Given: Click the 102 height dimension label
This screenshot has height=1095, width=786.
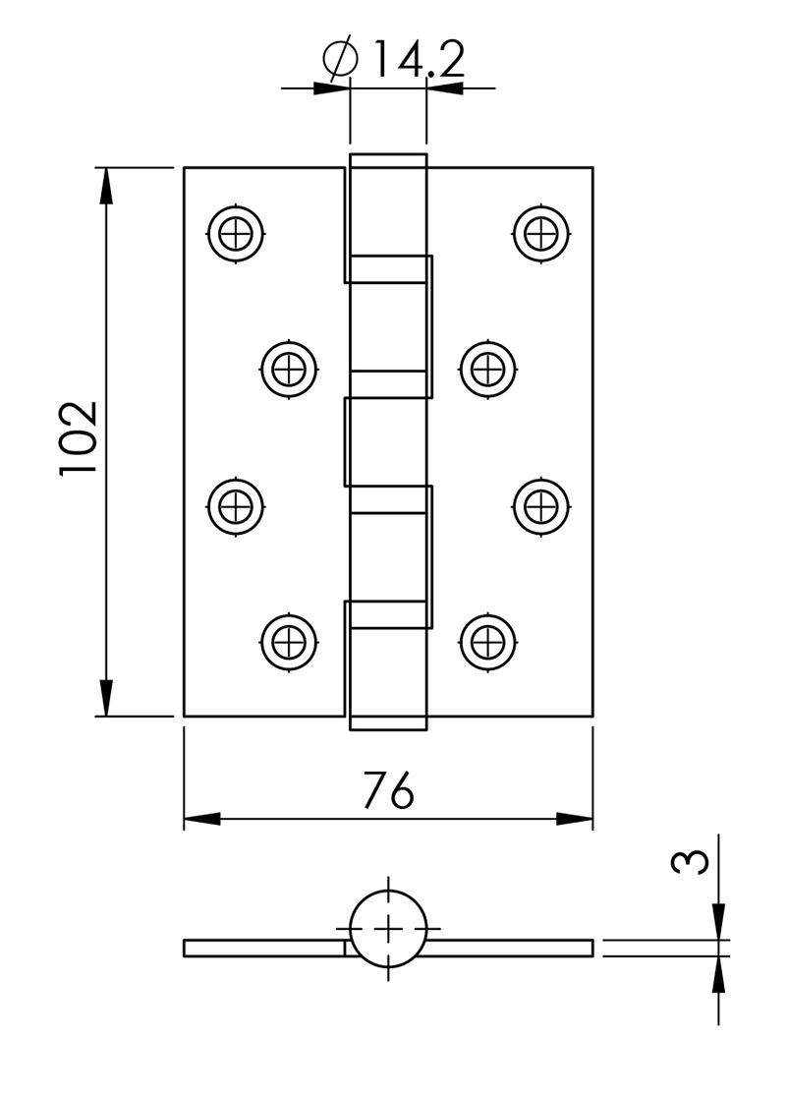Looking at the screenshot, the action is click(79, 438).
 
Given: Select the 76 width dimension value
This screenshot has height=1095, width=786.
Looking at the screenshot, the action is click(389, 790).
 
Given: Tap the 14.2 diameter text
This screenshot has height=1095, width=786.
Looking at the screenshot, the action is click(420, 59).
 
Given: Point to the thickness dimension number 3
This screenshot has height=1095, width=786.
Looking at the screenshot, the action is click(690, 862).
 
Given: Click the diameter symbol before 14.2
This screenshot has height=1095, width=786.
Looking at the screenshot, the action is click(341, 59).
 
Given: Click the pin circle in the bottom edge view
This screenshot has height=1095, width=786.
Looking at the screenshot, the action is click(388, 892).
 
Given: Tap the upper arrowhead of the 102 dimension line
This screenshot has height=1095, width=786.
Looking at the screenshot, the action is click(105, 186).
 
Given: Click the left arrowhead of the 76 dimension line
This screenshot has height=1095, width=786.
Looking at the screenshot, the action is click(202, 819).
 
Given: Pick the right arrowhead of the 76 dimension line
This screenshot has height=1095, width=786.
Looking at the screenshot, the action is click(575, 819).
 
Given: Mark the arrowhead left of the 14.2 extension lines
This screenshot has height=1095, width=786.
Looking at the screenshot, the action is click(331, 88).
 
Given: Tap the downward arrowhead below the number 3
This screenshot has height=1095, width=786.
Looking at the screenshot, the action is click(718, 922).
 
